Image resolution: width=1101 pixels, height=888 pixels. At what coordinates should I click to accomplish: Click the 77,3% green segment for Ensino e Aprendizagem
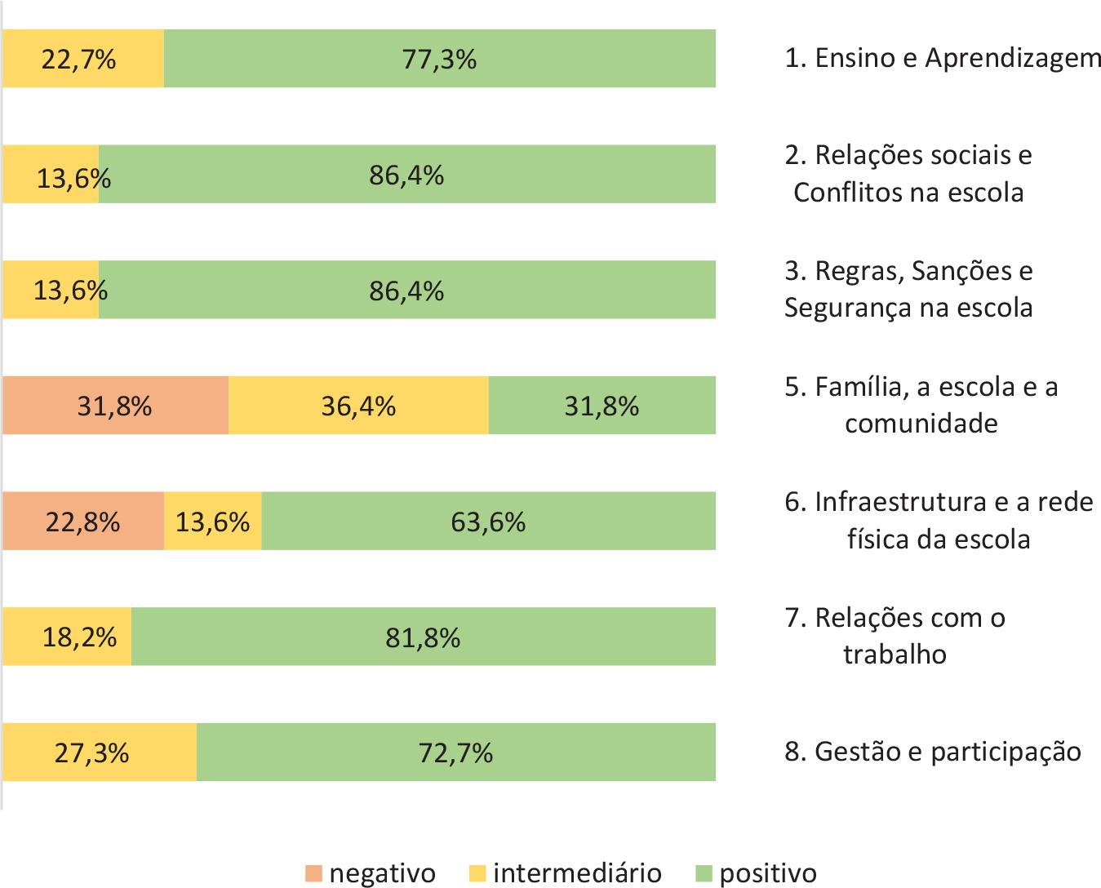tap(439, 59)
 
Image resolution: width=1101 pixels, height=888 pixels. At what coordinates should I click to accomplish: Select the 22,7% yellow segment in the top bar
tap(82, 59)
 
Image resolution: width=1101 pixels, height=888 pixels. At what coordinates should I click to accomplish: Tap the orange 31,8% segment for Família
tap(115, 406)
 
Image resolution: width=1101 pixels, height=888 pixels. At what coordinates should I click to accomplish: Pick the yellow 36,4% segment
tap(358, 406)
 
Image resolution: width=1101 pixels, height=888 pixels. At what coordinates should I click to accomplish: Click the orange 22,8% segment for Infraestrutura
tap(82, 522)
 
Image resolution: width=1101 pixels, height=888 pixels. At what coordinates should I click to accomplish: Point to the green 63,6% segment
tap(488, 522)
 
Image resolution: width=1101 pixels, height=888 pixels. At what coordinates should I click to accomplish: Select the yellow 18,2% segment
tap(66, 637)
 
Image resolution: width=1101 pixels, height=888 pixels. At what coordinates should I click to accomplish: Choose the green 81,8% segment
tap(423, 637)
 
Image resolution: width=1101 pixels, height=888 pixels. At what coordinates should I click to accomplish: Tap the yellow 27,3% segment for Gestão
tap(99, 753)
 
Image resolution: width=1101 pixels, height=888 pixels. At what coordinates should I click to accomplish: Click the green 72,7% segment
tap(455, 753)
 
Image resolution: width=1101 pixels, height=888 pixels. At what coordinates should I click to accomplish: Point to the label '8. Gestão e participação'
tap(933, 751)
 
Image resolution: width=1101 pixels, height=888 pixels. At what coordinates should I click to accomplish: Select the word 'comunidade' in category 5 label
tap(921, 424)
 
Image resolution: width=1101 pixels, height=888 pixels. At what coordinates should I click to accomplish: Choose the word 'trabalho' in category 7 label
tap(895, 655)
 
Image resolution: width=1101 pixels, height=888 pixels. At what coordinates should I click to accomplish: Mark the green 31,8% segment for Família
tap(602, 406)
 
